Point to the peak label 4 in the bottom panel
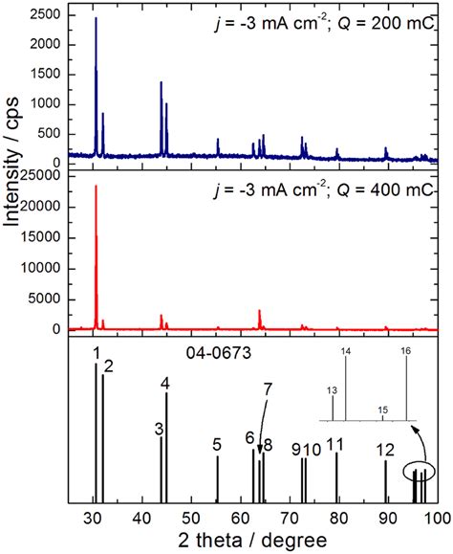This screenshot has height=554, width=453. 165,385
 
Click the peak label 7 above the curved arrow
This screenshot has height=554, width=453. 268,388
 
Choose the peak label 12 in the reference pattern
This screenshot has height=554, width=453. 385,450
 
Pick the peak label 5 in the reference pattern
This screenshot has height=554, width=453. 217,444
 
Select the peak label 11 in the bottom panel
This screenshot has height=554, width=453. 334,444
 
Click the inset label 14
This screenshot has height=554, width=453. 345,352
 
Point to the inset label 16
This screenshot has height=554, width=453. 405,352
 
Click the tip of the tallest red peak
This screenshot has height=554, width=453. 96,186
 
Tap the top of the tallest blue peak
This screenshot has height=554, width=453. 96,18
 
